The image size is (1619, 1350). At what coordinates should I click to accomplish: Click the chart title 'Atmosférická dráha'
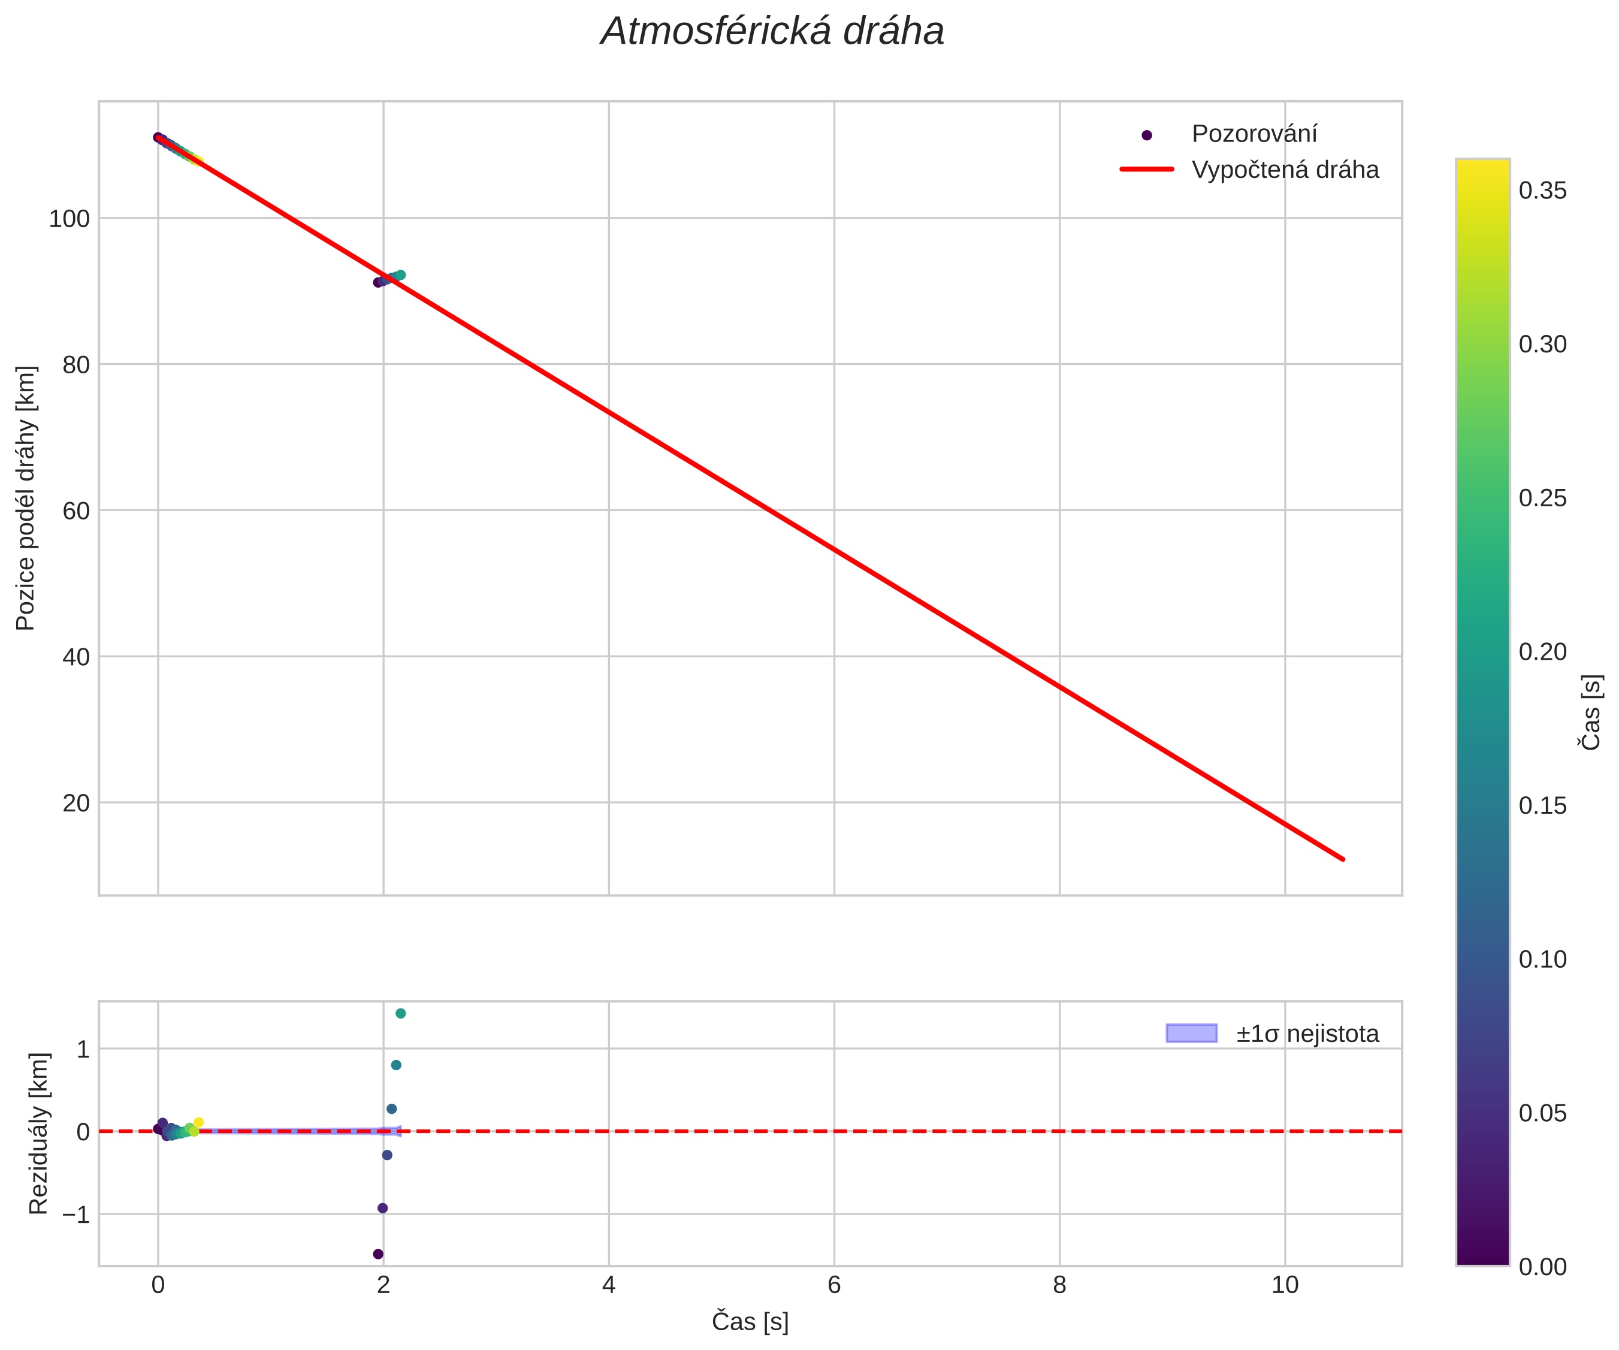pos(772,32)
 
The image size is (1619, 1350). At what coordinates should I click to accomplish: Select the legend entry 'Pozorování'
pos(1253,134)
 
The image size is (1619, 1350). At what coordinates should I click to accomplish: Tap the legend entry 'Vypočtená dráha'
pos(1285,170)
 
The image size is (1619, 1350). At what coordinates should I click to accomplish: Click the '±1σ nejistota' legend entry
pos(1307,1034)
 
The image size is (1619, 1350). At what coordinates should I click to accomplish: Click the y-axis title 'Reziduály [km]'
pos(38,1133)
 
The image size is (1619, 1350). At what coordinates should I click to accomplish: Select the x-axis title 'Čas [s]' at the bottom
pos(750,1321)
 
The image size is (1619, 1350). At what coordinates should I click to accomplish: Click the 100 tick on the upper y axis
pos(70,219)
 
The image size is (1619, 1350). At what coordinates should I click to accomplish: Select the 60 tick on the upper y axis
pos(75,511)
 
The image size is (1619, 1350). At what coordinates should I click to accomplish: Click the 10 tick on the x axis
pos(1285,1285)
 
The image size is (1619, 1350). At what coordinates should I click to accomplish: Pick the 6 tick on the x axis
pos(833,1285)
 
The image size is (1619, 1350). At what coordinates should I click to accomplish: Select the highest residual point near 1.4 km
pos(400,1014)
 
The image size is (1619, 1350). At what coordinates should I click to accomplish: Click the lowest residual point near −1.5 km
pos(377,1254)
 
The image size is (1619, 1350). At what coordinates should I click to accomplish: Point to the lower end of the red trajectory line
pos(1343,859)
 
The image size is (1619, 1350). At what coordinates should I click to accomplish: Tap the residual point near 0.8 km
pos(396,1065)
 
